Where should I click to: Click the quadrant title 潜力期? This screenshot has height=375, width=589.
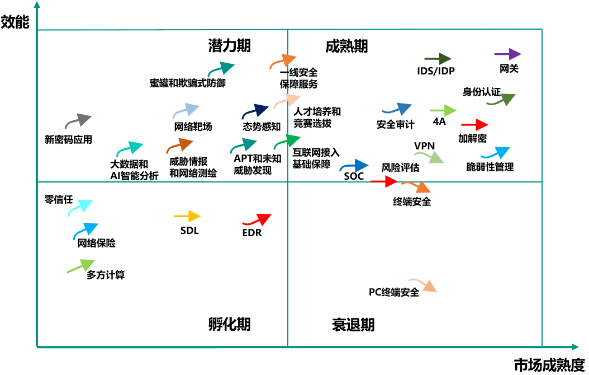click(229, 46)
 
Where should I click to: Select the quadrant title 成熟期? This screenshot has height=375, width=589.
click(346, 46)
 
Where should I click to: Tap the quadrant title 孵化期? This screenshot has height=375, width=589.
click(229, 324)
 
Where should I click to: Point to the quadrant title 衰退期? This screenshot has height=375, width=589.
click(353, 325)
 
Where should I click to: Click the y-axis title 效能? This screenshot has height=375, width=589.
click(15, 22)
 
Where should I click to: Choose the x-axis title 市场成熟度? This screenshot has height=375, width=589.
click(549, 364)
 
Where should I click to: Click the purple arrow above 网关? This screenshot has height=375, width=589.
click(507, 54)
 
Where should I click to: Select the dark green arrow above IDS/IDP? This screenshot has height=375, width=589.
click(438, 59)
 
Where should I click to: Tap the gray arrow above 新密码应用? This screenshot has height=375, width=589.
click(78, 120)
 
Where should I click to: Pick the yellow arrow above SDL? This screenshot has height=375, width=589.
click(187, 216)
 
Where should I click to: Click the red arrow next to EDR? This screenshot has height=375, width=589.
click(256, 219)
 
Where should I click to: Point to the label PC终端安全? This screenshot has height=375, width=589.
click(394, 292)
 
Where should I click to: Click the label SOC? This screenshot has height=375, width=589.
click(354, 177)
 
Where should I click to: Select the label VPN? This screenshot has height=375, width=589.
click(424, 147)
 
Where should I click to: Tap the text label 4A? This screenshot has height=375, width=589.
click(439, 121)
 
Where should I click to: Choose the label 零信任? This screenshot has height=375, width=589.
click(58, 199)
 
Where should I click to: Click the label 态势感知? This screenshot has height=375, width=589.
click(262, 127)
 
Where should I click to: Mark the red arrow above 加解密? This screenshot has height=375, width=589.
click(474, 125)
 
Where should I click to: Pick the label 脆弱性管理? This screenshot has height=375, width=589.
click(490, 167)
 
